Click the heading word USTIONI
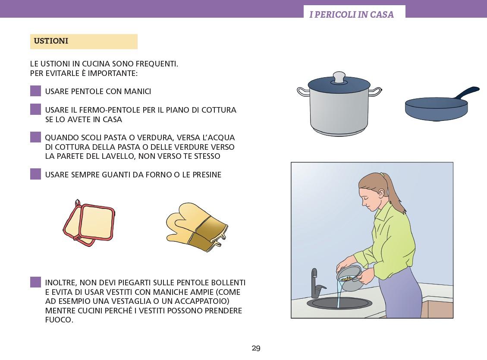(51, 41)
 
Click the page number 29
(256, 348)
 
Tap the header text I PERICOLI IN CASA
(352, 15)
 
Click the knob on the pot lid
(339, 77)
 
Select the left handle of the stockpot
(303, 92)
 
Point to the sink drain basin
(339, 303)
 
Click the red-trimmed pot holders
(89, 223)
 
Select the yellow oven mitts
(197, 227)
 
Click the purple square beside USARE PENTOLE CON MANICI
(36, 91)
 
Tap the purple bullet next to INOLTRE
(36, 282)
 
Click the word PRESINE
(207, 175)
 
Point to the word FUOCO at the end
(59, 320)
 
